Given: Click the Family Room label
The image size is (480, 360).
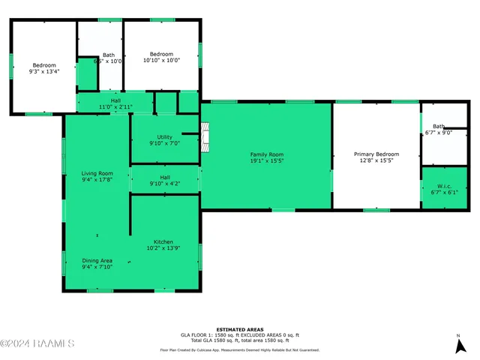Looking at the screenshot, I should click(x=266, y=154).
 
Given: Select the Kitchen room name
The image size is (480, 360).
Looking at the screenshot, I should click(x=163, y=241).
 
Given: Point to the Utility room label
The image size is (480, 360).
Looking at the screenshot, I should click(x=164, y=136).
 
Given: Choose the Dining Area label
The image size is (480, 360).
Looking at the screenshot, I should click(x=97, y=260).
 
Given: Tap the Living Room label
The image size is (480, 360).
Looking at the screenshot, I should click(x=97, y=173).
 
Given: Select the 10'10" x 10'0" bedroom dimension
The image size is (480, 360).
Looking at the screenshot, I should click(x=161, y=61).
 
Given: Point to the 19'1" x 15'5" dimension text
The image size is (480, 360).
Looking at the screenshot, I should click(x=266, y=160).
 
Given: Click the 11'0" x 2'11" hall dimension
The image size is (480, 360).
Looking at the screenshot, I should click(x=115, y=107).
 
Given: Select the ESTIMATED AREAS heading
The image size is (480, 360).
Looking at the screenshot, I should click(x=239, y=329).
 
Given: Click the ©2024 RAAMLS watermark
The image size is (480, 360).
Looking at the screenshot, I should click(x=37, y=343).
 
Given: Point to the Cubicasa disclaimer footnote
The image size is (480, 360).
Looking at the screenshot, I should click(x=239, y=349).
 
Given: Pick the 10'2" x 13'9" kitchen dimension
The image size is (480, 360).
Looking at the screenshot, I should click(x=163, y=248).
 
